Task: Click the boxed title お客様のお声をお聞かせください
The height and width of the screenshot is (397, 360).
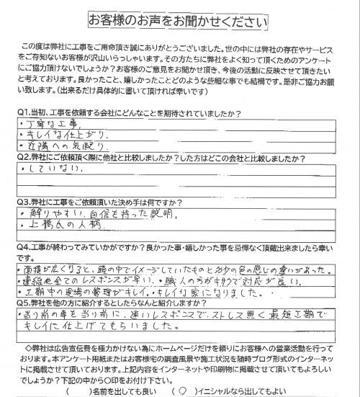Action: coord(181,17)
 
